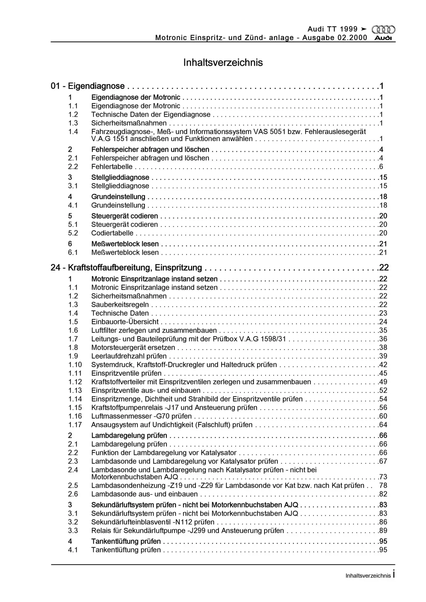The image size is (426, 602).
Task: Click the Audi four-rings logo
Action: [383, 30]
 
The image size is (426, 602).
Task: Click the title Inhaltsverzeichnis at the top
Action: [223, 62]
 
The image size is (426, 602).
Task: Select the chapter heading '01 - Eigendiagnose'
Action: [88, 86]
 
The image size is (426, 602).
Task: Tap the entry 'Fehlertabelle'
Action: [112, 167]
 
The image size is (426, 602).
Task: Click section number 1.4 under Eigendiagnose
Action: [73, 132]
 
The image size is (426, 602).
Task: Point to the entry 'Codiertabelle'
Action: [112, 233]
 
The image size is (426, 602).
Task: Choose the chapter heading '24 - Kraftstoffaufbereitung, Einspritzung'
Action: [126, 267]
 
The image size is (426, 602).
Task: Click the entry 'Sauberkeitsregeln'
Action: [120, 305]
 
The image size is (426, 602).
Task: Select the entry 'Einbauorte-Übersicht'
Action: [125, 322]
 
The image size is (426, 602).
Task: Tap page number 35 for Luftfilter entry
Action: [383, 330]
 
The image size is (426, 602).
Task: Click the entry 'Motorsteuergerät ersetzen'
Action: [133, 348]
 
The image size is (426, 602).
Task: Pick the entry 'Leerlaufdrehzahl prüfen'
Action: [129, 356]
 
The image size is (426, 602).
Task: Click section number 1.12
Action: [75, 382]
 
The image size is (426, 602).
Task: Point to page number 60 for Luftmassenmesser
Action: [383, 416]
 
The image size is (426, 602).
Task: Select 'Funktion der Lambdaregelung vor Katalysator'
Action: [164, 453]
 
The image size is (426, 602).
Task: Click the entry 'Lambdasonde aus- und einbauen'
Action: [144, 494]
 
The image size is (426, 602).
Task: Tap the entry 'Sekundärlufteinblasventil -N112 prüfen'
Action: [153, 522]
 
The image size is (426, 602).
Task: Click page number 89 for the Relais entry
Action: [383, 531]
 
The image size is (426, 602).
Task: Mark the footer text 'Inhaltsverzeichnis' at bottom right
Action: [368, 576]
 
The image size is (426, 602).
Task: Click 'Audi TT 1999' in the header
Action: [332, 29]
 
